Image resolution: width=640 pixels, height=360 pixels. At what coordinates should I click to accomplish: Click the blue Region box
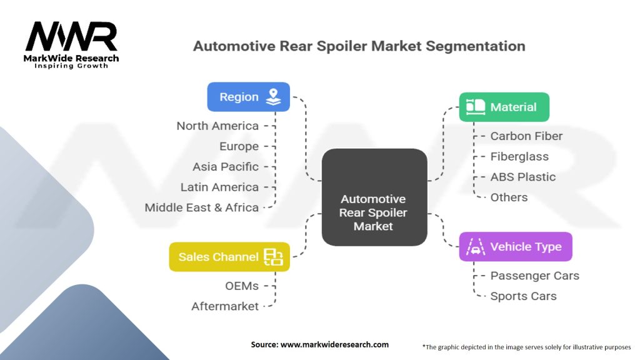pyautogui.click(x=249, y=97)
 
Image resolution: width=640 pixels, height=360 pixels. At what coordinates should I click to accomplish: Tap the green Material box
pyautogui.click(x=504, y=107)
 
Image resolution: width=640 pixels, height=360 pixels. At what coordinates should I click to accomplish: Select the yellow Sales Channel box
pyautogui.click(x=229, y=257)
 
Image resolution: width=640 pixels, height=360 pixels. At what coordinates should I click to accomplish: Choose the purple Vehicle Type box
pyautogui.click(x=515, y=246)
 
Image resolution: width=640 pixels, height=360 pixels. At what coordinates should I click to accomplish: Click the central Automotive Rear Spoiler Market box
pyautogui.click(x=372, y=212)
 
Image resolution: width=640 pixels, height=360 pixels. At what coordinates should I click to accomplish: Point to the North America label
pyautogui.click(x=217, y=126)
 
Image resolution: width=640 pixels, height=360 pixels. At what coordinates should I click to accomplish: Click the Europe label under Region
pyautogui.click(x=239, y=146)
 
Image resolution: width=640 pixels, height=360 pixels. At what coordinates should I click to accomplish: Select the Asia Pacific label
pyautogui.click(x=226, y=167)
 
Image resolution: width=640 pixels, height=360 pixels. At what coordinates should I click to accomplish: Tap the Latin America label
pyautogui.click(x=219, y=187)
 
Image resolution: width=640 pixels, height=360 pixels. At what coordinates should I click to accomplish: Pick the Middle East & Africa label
pyautogui.click(x=201, y=207)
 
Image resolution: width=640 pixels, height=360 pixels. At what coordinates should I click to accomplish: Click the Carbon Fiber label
pyautogui.click(x=526, y=136)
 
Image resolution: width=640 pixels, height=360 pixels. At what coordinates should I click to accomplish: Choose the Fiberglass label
pyautogui.click(x=519, y=156)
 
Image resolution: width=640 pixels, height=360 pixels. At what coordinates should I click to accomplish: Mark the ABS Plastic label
pyautogui.click(x=522, y=177)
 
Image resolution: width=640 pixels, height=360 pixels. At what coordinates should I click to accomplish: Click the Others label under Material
pyautogui.click(x=509, y=197)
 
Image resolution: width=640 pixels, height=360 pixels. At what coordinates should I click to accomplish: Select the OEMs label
pyautogui.click(x=242, y=286)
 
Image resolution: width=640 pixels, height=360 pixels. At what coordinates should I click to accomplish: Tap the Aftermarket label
pyautogui.click(x=225, y=306)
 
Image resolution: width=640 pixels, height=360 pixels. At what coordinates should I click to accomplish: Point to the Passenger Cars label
pyautogui.click(x=534, y=276)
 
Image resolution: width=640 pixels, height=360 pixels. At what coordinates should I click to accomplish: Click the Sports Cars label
pyautogui.click(x=523, y=296)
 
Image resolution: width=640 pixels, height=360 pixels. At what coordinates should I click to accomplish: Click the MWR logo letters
pyautogui.click(x=71, y=37)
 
